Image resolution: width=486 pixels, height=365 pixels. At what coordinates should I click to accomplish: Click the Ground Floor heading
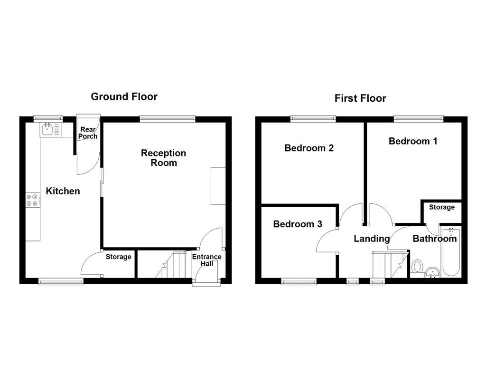[x=124, y=96]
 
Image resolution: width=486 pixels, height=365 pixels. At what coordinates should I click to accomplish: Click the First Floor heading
[x=360, y=98]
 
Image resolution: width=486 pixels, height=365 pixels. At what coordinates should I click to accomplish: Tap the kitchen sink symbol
[x=47, y=129]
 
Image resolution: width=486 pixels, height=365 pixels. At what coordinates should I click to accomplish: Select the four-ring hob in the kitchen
[x=33, y=200]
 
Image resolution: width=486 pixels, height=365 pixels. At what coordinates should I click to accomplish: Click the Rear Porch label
[x=88, y=133]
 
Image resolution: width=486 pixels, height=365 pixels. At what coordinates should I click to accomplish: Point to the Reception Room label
[x=163, y=158]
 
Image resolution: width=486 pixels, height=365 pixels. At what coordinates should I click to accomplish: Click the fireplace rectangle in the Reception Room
[x=218, y=186]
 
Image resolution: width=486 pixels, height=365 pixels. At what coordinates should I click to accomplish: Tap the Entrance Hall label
[x=206, y=260]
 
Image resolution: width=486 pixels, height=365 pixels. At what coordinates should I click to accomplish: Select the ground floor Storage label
[x=118, y=257]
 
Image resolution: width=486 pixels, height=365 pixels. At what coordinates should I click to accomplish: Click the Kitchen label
[x=63, y=191]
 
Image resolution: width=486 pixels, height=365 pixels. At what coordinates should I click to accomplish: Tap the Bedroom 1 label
[x=413, y=141]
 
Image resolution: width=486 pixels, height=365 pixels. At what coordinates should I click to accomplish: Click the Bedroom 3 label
[x=298, y=224]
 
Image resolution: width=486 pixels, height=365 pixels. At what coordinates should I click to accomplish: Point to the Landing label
[x=372, y=239]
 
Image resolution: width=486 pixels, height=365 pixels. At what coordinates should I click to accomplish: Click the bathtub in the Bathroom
[x=451, y=252]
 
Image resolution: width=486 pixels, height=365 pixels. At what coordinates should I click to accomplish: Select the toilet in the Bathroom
[x=418, y=267]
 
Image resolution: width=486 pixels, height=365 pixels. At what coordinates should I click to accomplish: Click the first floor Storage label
[x=442, y=207]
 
